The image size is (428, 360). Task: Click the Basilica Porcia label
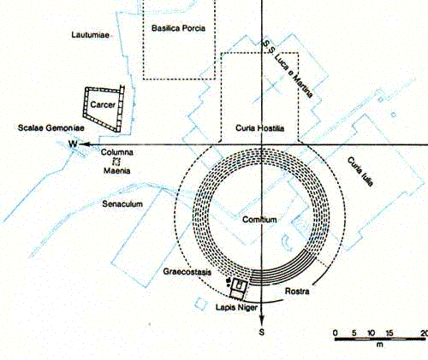(178, 28)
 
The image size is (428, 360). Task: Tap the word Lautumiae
(91, 35)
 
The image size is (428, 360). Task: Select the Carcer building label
(103, 105)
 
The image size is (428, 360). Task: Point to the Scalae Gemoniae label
(51, 127)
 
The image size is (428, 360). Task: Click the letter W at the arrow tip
(73, 144)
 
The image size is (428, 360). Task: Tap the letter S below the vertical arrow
(262, 332)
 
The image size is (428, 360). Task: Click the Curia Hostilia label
(259, 128)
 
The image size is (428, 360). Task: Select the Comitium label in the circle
(259, 220)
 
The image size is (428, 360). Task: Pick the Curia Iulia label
(360, 172)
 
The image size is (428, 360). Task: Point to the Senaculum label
(122, 204)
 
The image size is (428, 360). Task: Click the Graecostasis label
(187, 272)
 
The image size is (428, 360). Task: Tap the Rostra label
(297, 292)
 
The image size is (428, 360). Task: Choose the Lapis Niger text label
(237, 308)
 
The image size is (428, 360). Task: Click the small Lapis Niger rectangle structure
(239, 289)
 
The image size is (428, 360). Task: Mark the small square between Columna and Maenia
(116, 162)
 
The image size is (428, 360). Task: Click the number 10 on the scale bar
(371, 333)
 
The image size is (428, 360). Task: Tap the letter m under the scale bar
(379, 345)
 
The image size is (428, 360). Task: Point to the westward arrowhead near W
(84, 145)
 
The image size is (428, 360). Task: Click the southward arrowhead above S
(262, 320)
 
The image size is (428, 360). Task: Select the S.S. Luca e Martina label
(288, 69)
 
